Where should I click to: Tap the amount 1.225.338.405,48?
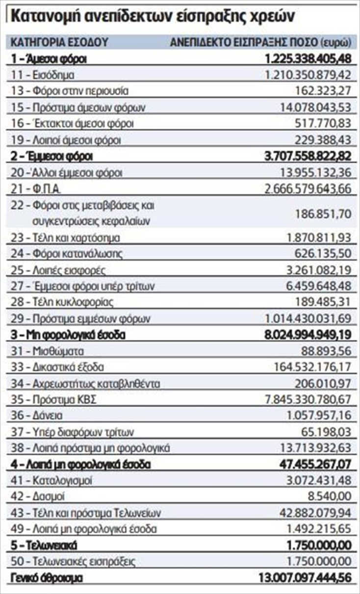pyautogui.click(x=308, y=59)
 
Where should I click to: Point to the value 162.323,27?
pyautogui.click(x=324, y=91)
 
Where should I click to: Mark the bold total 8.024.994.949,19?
pyautogui.click(x=308, y=335)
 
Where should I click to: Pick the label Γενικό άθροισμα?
pyautogui.click(x=47, y=578)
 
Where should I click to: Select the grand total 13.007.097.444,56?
pyautogui.click(x=305, y=578)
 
